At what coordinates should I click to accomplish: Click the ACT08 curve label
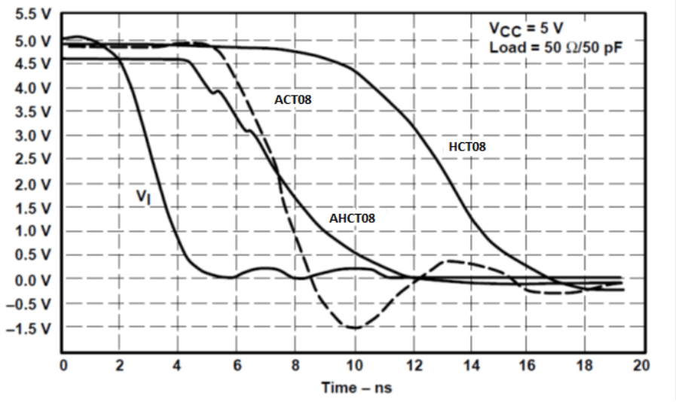293,99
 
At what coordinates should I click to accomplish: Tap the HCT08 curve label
467,147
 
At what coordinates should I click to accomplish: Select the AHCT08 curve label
352,218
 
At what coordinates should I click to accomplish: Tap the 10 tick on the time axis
353,365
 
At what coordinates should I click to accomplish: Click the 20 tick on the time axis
641,365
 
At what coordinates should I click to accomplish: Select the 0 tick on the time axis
64,365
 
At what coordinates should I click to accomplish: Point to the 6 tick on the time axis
237,365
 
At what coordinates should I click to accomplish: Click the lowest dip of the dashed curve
353,327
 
